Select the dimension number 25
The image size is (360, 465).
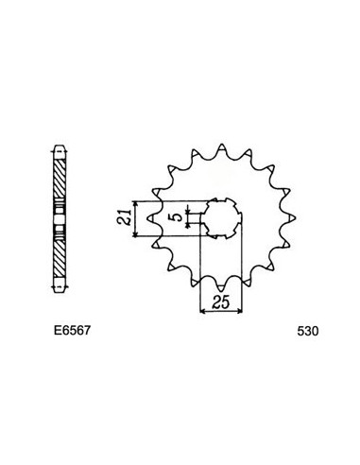click(221, 303)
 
